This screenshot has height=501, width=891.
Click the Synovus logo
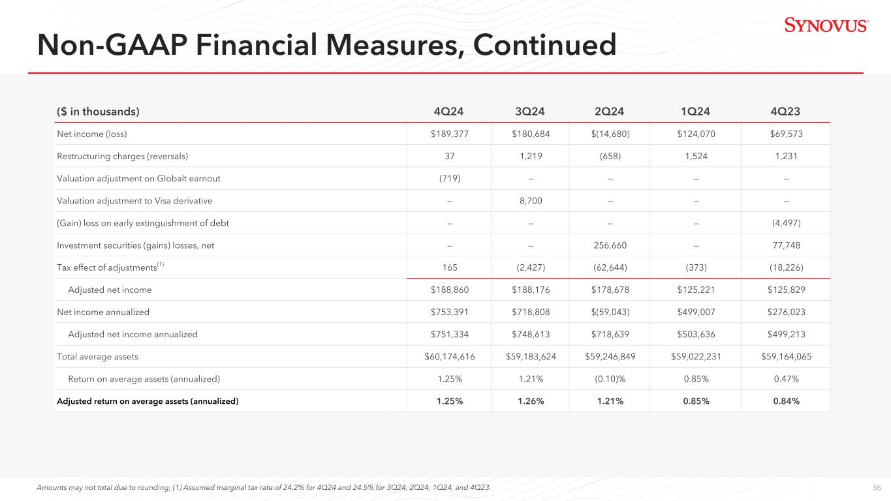click(826, 25)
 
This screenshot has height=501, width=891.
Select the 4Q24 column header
click(448, 112)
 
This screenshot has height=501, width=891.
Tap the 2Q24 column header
click(610, 112)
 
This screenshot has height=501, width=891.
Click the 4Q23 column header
click(785, 112)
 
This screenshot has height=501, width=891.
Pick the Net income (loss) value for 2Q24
click(610, 134)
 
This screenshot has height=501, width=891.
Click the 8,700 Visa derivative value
click(531, 201)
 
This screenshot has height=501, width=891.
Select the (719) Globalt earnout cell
click(450, 179)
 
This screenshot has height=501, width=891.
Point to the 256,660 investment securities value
click(610, 245)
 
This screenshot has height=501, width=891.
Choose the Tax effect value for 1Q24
click(696, 267)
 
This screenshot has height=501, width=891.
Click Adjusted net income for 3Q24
click(531, 290)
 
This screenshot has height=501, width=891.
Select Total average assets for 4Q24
click(450, 357)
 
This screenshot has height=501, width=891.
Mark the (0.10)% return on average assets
click(610, 379)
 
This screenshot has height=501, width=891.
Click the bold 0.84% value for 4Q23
click(787, 401)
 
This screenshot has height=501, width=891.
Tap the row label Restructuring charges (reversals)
click(123, 157)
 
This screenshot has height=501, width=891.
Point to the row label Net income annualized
click(103, 312)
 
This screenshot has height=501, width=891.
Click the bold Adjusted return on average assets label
click(148, 401)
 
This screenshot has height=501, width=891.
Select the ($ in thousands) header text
click(98, 112)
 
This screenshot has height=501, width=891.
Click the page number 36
click(877, 487)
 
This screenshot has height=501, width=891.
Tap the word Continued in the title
click(544, 45)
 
